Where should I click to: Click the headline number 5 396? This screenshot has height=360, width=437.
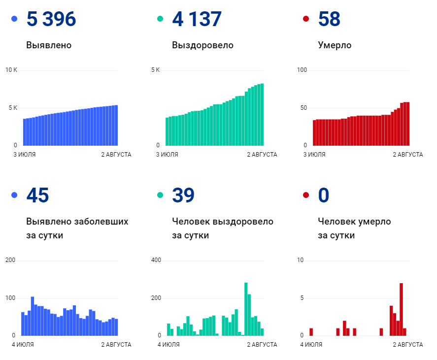tap(51, 19)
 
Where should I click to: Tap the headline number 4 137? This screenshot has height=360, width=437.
tap(197, 19)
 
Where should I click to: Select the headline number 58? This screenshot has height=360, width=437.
tap(329, 19)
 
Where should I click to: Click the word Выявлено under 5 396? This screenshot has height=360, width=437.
tap(49, 45)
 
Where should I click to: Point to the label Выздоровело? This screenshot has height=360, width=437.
tap(202, 45)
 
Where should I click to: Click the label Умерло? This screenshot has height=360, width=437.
tap(335, 45)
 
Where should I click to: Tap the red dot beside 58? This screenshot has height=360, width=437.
tap(306, 19)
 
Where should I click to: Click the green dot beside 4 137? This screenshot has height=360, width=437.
tap(160, 19)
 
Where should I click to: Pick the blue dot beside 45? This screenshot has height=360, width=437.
tap(14, 195)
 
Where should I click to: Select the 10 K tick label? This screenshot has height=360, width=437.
tap(11, 70)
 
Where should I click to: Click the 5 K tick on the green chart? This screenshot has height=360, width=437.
tap(155, 70)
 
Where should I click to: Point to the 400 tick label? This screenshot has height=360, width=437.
tap(156, 260)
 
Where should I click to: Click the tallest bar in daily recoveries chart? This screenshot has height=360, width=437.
tap(246, 309)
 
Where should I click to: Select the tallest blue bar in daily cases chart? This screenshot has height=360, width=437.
tap(33, 316)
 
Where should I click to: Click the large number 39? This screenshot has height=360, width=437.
tap(183, 195)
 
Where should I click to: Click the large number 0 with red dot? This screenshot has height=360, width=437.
tap(323, 195)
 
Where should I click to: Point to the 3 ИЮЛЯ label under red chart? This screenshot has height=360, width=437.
tap(314, 155)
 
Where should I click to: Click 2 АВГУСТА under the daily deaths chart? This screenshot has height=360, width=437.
tap(408, 345)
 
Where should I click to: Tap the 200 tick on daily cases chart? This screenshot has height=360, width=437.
tap(10, 260)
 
